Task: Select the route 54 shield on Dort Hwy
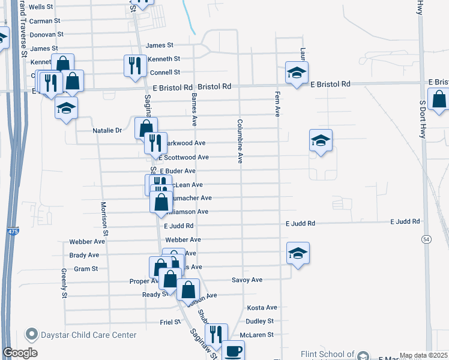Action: coord(426,239)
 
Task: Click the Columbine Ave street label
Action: coord(240,142)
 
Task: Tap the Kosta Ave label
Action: coord(262,308)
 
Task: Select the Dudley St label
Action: coord(259,322)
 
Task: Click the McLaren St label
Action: coord(256,335)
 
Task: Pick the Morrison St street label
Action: coord(104,218)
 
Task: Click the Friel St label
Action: coord(170,322)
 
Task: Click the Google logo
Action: coord(20,353)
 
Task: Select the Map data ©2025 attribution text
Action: coord(423,355)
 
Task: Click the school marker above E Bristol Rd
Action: coord(297,73)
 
